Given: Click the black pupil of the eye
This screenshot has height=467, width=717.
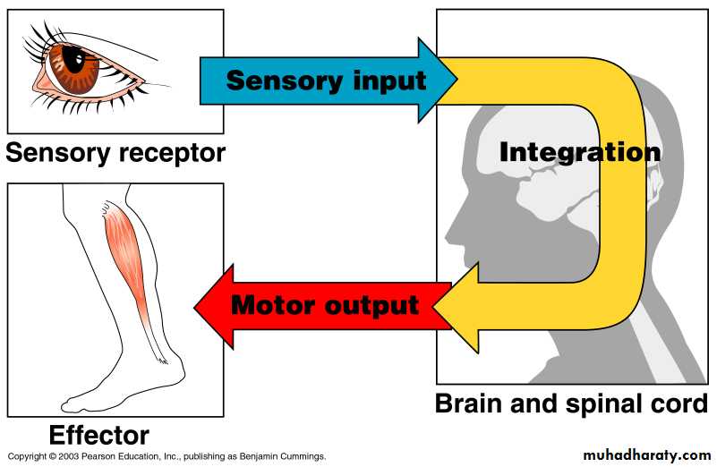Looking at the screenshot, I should point(76,61).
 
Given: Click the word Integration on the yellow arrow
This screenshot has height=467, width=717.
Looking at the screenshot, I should point(579,151).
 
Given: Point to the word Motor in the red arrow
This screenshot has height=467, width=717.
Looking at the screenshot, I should point(274,305).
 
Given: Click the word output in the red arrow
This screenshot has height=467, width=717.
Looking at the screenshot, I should point(373,305).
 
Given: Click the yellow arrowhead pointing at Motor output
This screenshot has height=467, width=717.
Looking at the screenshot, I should point(448,309).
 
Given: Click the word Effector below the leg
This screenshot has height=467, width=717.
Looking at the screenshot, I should point(98,436).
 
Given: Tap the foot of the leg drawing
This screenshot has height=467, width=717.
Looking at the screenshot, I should point(116,394).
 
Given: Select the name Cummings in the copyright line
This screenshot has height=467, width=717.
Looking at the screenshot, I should point(299,456).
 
